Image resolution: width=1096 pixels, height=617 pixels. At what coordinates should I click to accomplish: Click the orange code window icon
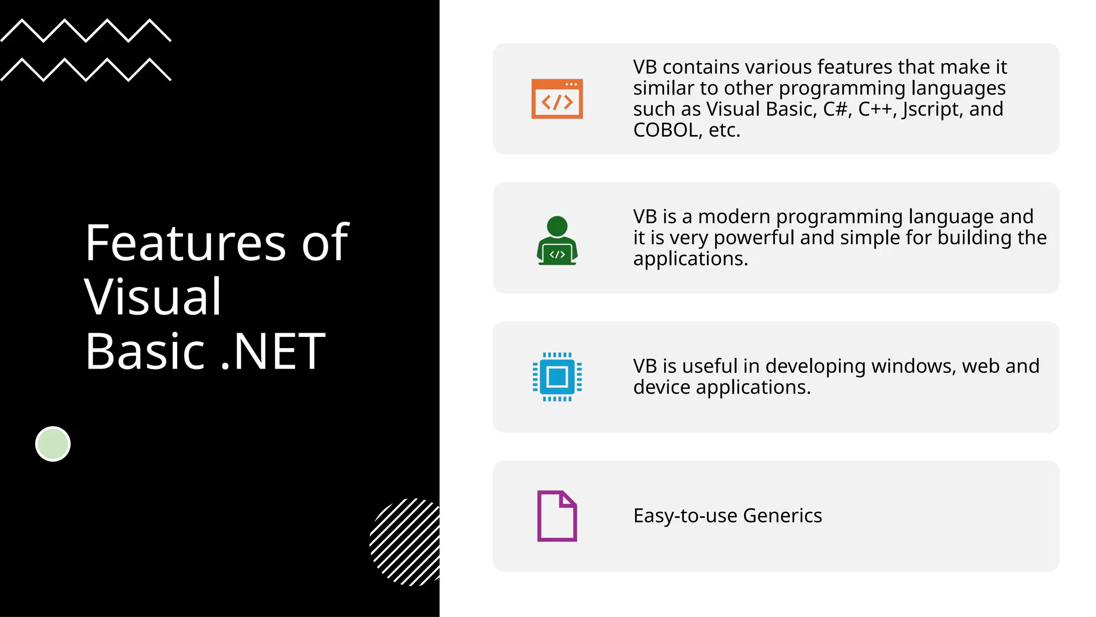(557, 99)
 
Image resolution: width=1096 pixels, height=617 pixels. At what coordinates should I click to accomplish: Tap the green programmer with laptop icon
(557, 241)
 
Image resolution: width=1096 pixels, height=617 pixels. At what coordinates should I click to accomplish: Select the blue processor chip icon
(557, 377)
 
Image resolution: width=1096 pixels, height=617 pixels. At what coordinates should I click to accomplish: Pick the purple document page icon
(557, 516)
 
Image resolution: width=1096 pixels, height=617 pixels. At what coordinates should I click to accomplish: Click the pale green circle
(53, 444)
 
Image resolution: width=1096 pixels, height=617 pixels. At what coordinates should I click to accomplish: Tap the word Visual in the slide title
(153, 297)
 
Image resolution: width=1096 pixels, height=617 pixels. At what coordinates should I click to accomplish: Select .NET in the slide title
(273, 351)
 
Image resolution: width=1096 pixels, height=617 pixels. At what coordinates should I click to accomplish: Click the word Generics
(782, 516)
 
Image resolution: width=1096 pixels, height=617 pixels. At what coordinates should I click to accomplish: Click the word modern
(734, 217)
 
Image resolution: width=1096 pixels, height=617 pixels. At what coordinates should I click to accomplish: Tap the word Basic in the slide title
(145, 351)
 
